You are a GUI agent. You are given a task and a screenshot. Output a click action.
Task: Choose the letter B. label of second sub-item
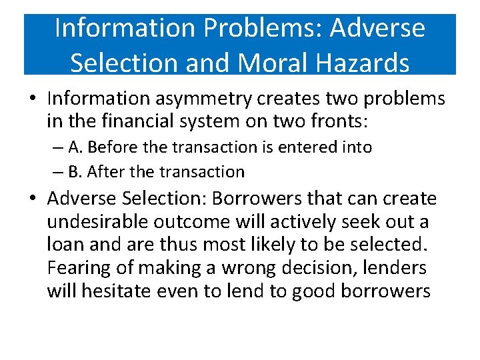pos(75,172)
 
